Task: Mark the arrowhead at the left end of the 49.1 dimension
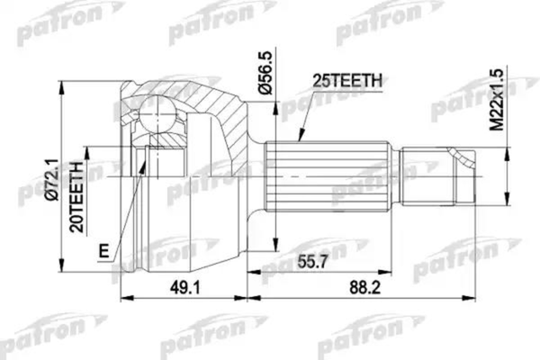(x=121, y=302)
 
